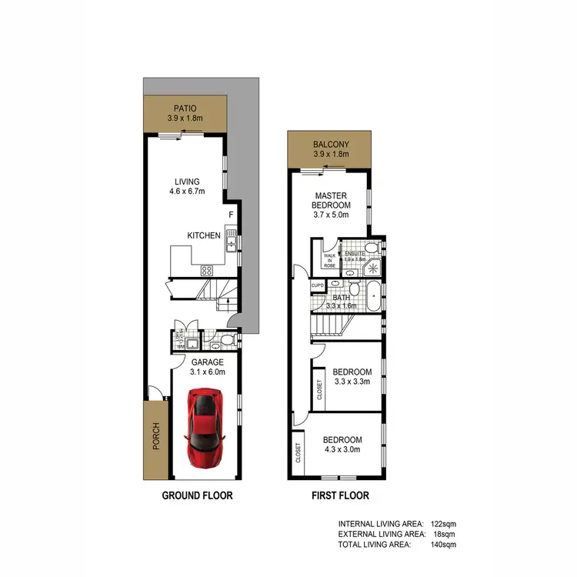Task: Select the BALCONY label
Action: [x=331, y=145]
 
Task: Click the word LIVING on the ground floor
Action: [x=187, y=182]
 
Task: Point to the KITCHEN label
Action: [x=204, y=235]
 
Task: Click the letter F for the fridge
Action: [x=230, y=215]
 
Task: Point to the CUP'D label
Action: [x=318, y=285]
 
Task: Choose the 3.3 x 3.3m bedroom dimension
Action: [x=352, y=381]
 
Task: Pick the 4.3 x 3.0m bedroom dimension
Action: [x=343, y=451]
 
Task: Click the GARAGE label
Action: [x=208, y=362]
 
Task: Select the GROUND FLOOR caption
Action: [x=197, y=495]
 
